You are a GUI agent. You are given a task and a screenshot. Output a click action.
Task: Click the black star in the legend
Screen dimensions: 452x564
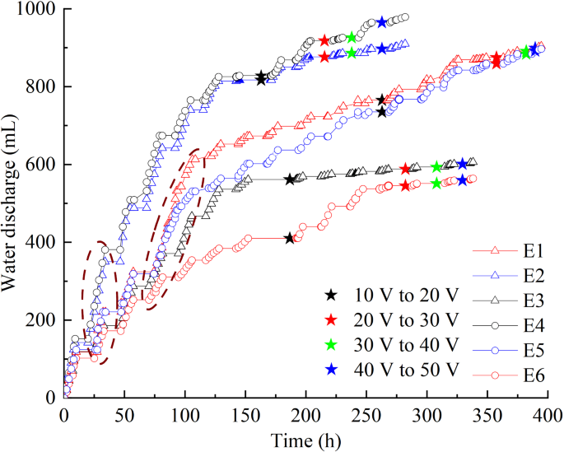331,294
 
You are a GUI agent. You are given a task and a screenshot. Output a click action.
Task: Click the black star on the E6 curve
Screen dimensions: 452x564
289,238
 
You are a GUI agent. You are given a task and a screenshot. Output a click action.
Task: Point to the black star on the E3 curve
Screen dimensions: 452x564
290,179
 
